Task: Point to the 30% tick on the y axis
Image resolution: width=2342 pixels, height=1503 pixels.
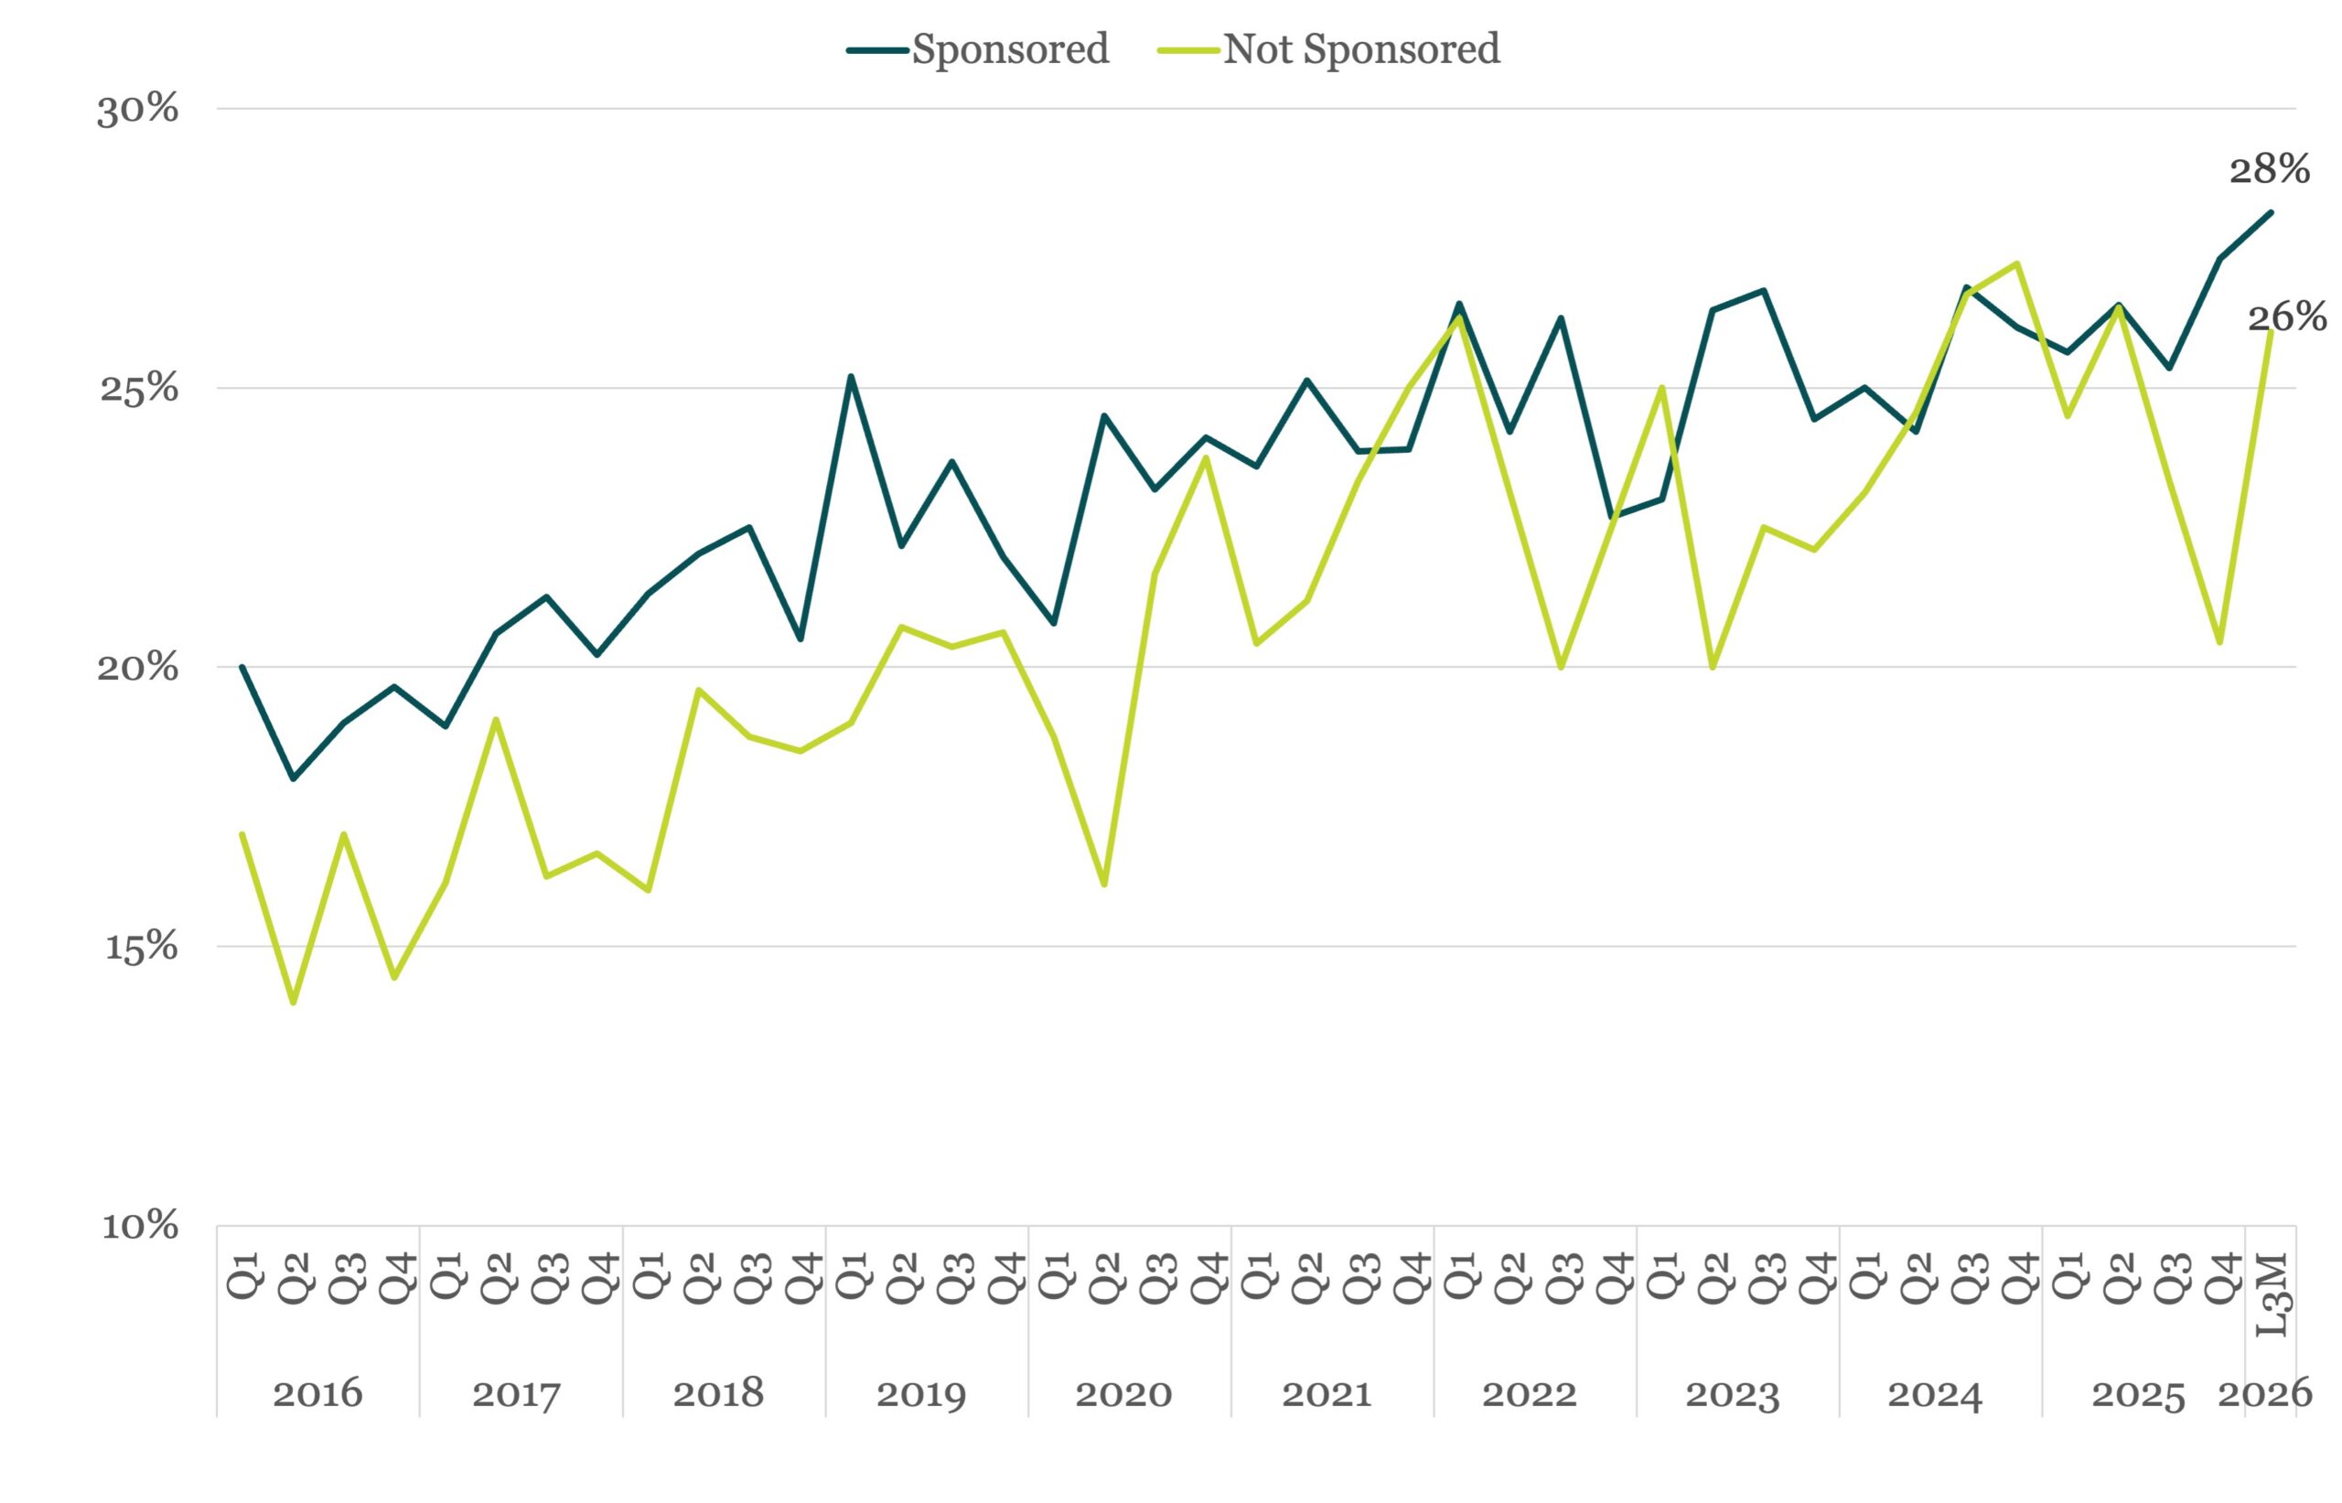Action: [x=137, y=109]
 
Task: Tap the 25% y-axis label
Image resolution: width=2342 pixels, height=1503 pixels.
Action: [x=138, y=389]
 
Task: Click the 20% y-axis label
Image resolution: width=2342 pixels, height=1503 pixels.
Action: [x=137, y=668]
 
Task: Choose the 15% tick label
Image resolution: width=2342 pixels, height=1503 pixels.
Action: [x=141, y=947]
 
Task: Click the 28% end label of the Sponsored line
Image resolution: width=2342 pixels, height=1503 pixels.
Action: [x=2269, y=170]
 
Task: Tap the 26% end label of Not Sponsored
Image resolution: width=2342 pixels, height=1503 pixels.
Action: [x=2286, y=317]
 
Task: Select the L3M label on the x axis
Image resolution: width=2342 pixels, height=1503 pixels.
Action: [x=2272, y=1295]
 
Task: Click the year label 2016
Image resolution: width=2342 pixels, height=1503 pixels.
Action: [x=317, y=1394]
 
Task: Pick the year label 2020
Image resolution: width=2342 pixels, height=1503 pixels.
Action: [x=1123, y=1394]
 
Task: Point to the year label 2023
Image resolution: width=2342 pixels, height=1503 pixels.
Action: [x=1732, y=1394]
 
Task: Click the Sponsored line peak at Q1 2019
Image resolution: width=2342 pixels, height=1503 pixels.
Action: [x=851, y=376]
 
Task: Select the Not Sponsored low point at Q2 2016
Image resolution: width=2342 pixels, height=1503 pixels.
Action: [x=293, y=1003]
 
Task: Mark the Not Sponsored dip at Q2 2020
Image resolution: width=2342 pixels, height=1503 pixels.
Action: [x=1103, y=885]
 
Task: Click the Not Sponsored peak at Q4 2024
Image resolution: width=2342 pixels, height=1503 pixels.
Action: [x=2016, y=263]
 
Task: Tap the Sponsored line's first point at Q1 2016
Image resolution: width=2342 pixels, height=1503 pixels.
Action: [x=242, y=668]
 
